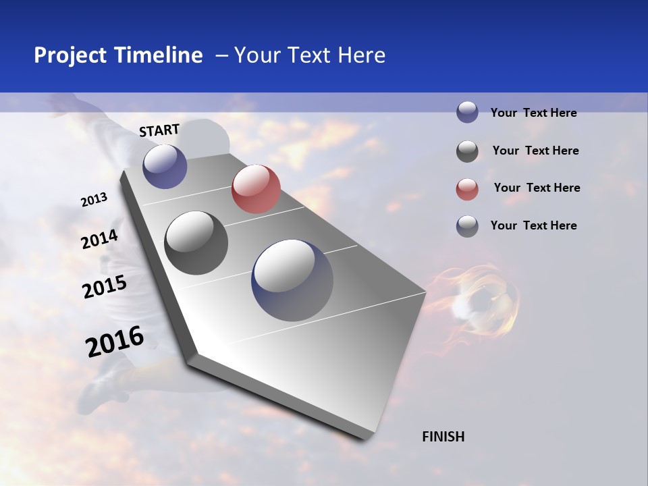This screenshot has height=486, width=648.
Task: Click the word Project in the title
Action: click(70, 55)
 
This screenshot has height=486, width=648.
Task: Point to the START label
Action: click(159, 130)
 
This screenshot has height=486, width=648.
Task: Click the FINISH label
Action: click(443, 437)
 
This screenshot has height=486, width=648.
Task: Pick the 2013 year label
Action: click(94, 200)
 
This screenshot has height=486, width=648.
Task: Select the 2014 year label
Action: click(99, 239)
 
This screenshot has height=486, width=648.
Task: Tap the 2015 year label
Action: click(104, 287)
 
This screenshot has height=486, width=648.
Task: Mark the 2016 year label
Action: click(115, 342)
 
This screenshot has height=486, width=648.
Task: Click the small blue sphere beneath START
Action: click(165, 166)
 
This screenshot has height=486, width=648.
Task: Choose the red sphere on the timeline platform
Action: click(256, 189)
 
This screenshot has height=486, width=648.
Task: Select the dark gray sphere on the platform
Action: click(196, 243)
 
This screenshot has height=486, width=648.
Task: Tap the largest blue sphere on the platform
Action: click(292, 280)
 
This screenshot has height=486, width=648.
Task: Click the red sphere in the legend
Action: click(467, 190)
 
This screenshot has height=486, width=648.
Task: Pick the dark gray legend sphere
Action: click(467, 152)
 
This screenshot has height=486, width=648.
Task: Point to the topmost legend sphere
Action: click(467, 112)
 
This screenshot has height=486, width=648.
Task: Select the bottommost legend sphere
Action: click(467, 226)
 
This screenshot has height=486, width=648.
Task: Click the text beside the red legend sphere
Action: click(537, 188)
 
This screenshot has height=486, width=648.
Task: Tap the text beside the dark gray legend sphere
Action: click(535, 151)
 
